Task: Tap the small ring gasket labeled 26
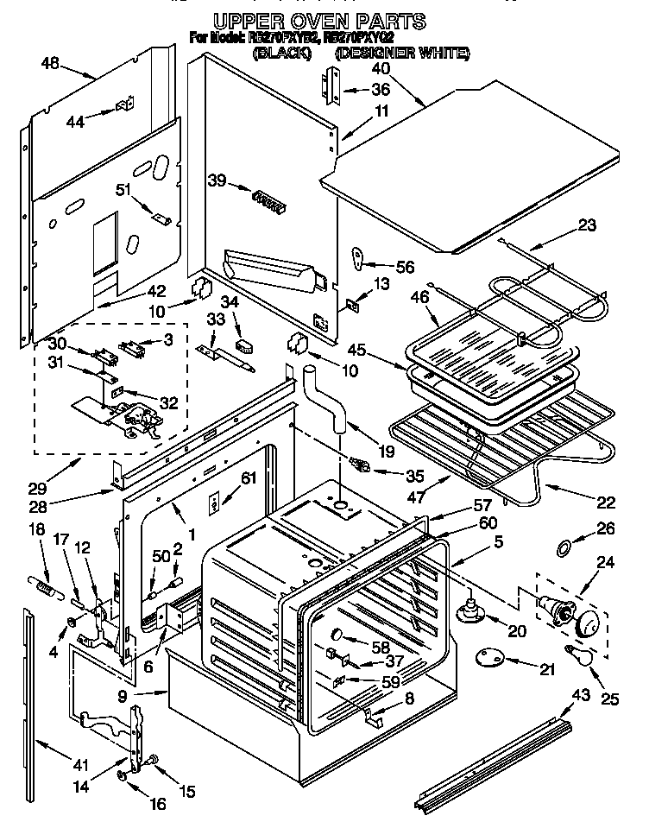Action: coord(561,548)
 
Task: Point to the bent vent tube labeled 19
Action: coord(326,397)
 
